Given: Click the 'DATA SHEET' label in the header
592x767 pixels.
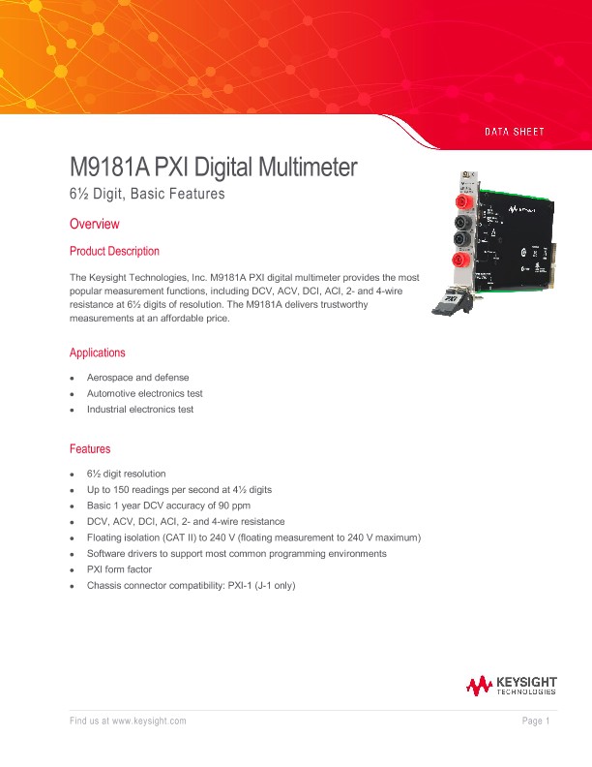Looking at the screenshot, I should pos(514,131).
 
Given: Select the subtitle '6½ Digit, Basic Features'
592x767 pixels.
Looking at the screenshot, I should pos(147,194).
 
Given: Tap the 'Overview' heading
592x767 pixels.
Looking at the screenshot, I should pos(95,225).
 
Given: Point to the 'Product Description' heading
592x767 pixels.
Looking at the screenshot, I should pos(114,252).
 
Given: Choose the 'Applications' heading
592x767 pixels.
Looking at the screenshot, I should pos(97,353).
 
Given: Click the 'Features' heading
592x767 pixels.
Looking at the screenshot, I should pos(90,449).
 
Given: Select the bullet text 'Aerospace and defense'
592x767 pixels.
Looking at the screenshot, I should pos(137,377).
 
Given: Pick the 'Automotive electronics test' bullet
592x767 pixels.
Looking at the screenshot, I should pos(144,393).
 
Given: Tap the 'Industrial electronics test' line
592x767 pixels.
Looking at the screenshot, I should pos(139,410).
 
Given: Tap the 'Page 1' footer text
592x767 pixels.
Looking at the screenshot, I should pos(536,721).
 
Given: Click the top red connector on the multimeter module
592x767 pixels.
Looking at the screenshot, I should pos(462,202).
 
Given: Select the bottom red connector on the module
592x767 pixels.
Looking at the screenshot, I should pos(463,261).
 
